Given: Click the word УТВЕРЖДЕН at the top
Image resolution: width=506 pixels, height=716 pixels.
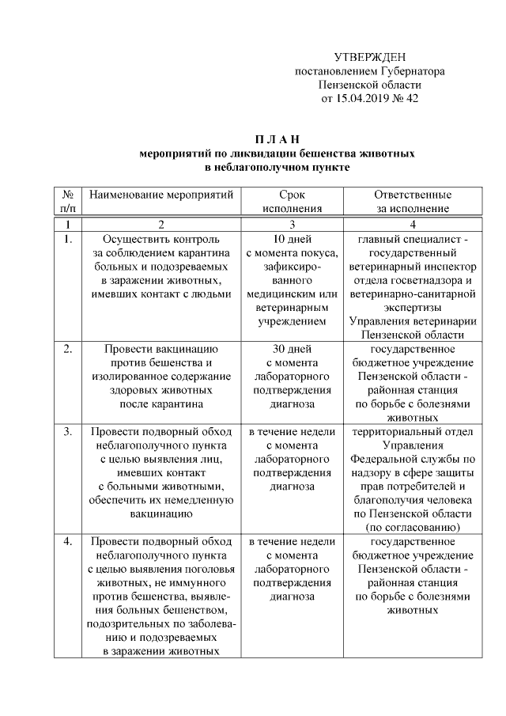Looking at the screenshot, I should click(369, 57).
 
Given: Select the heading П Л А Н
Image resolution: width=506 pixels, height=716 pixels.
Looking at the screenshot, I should click(276, 139).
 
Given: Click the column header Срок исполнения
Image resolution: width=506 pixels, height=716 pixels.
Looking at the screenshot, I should click(292, 202).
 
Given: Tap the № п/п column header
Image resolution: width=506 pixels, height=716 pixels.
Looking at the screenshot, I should click(67, 202).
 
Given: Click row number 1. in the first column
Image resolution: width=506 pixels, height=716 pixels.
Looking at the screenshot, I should click(68, 238).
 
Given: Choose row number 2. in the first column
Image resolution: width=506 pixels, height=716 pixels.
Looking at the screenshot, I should click(68, 347).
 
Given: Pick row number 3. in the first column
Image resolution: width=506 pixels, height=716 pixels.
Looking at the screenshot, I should click(68, 432).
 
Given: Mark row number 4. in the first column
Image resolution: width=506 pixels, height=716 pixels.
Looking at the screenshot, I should click(68, 541).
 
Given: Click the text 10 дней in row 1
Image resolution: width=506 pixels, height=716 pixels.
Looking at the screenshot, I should click(292, 238).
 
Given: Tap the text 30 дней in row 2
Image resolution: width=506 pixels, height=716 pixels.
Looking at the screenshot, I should click(292, 347).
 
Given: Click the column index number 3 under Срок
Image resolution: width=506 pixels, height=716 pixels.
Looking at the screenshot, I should click(292, 224).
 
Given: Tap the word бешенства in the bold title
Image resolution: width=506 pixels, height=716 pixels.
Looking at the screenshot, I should click(303, 153).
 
